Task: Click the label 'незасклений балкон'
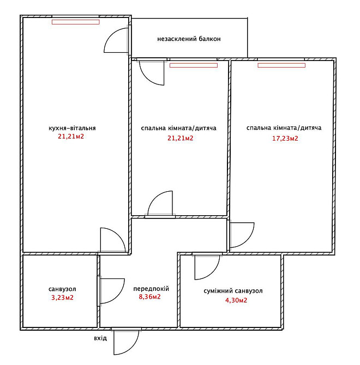[189, 39]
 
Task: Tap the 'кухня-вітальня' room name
[72, 128]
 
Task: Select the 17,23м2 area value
[285, 138]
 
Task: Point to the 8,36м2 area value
[149, 297]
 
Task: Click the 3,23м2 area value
[62, 297]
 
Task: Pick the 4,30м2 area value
[236, 300]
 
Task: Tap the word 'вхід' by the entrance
[100, 338]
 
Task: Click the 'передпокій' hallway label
[151, 289]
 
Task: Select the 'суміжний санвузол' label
[233, 291]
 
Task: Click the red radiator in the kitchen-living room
[76, 22]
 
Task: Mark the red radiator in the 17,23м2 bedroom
[281, 65]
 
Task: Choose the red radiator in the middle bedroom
[194, 65]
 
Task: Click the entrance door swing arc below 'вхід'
[132, 348]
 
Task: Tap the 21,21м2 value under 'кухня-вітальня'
[71, 136]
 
